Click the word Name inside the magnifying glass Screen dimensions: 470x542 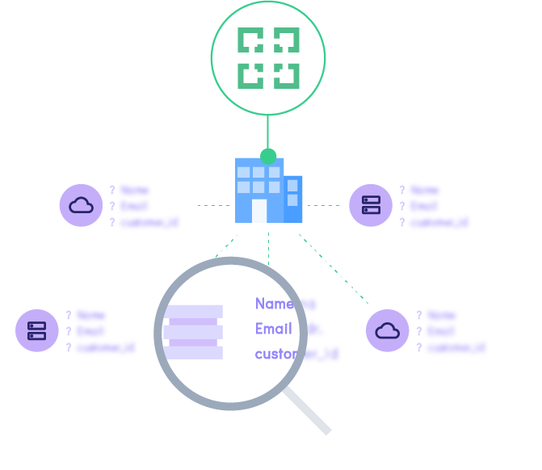click(274, 304)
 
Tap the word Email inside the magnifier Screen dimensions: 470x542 click(274, 329)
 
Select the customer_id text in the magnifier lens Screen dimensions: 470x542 click(277, 354)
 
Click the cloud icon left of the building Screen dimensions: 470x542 click(81, 205)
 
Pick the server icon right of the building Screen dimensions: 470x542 click(371, 205)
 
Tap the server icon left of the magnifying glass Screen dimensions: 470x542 click(37, 330)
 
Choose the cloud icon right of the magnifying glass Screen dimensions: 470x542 click(388, 330)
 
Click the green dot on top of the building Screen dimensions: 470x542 click(268, 156)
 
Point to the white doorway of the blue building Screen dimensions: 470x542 click(259, 210)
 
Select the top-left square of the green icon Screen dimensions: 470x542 click(250, 41)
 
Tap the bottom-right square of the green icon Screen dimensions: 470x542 click(287, 75)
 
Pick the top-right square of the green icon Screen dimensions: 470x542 click(287, 41)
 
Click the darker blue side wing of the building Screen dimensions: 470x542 click(293, 199)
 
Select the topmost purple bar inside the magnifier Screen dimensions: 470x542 click(194, 312)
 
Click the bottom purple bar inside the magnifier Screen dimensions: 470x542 click(194, 352)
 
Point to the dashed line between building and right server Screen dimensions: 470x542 click(325, 205)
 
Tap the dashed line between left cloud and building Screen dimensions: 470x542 click(214, 205)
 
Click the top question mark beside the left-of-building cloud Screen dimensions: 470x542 click(112, 191)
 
